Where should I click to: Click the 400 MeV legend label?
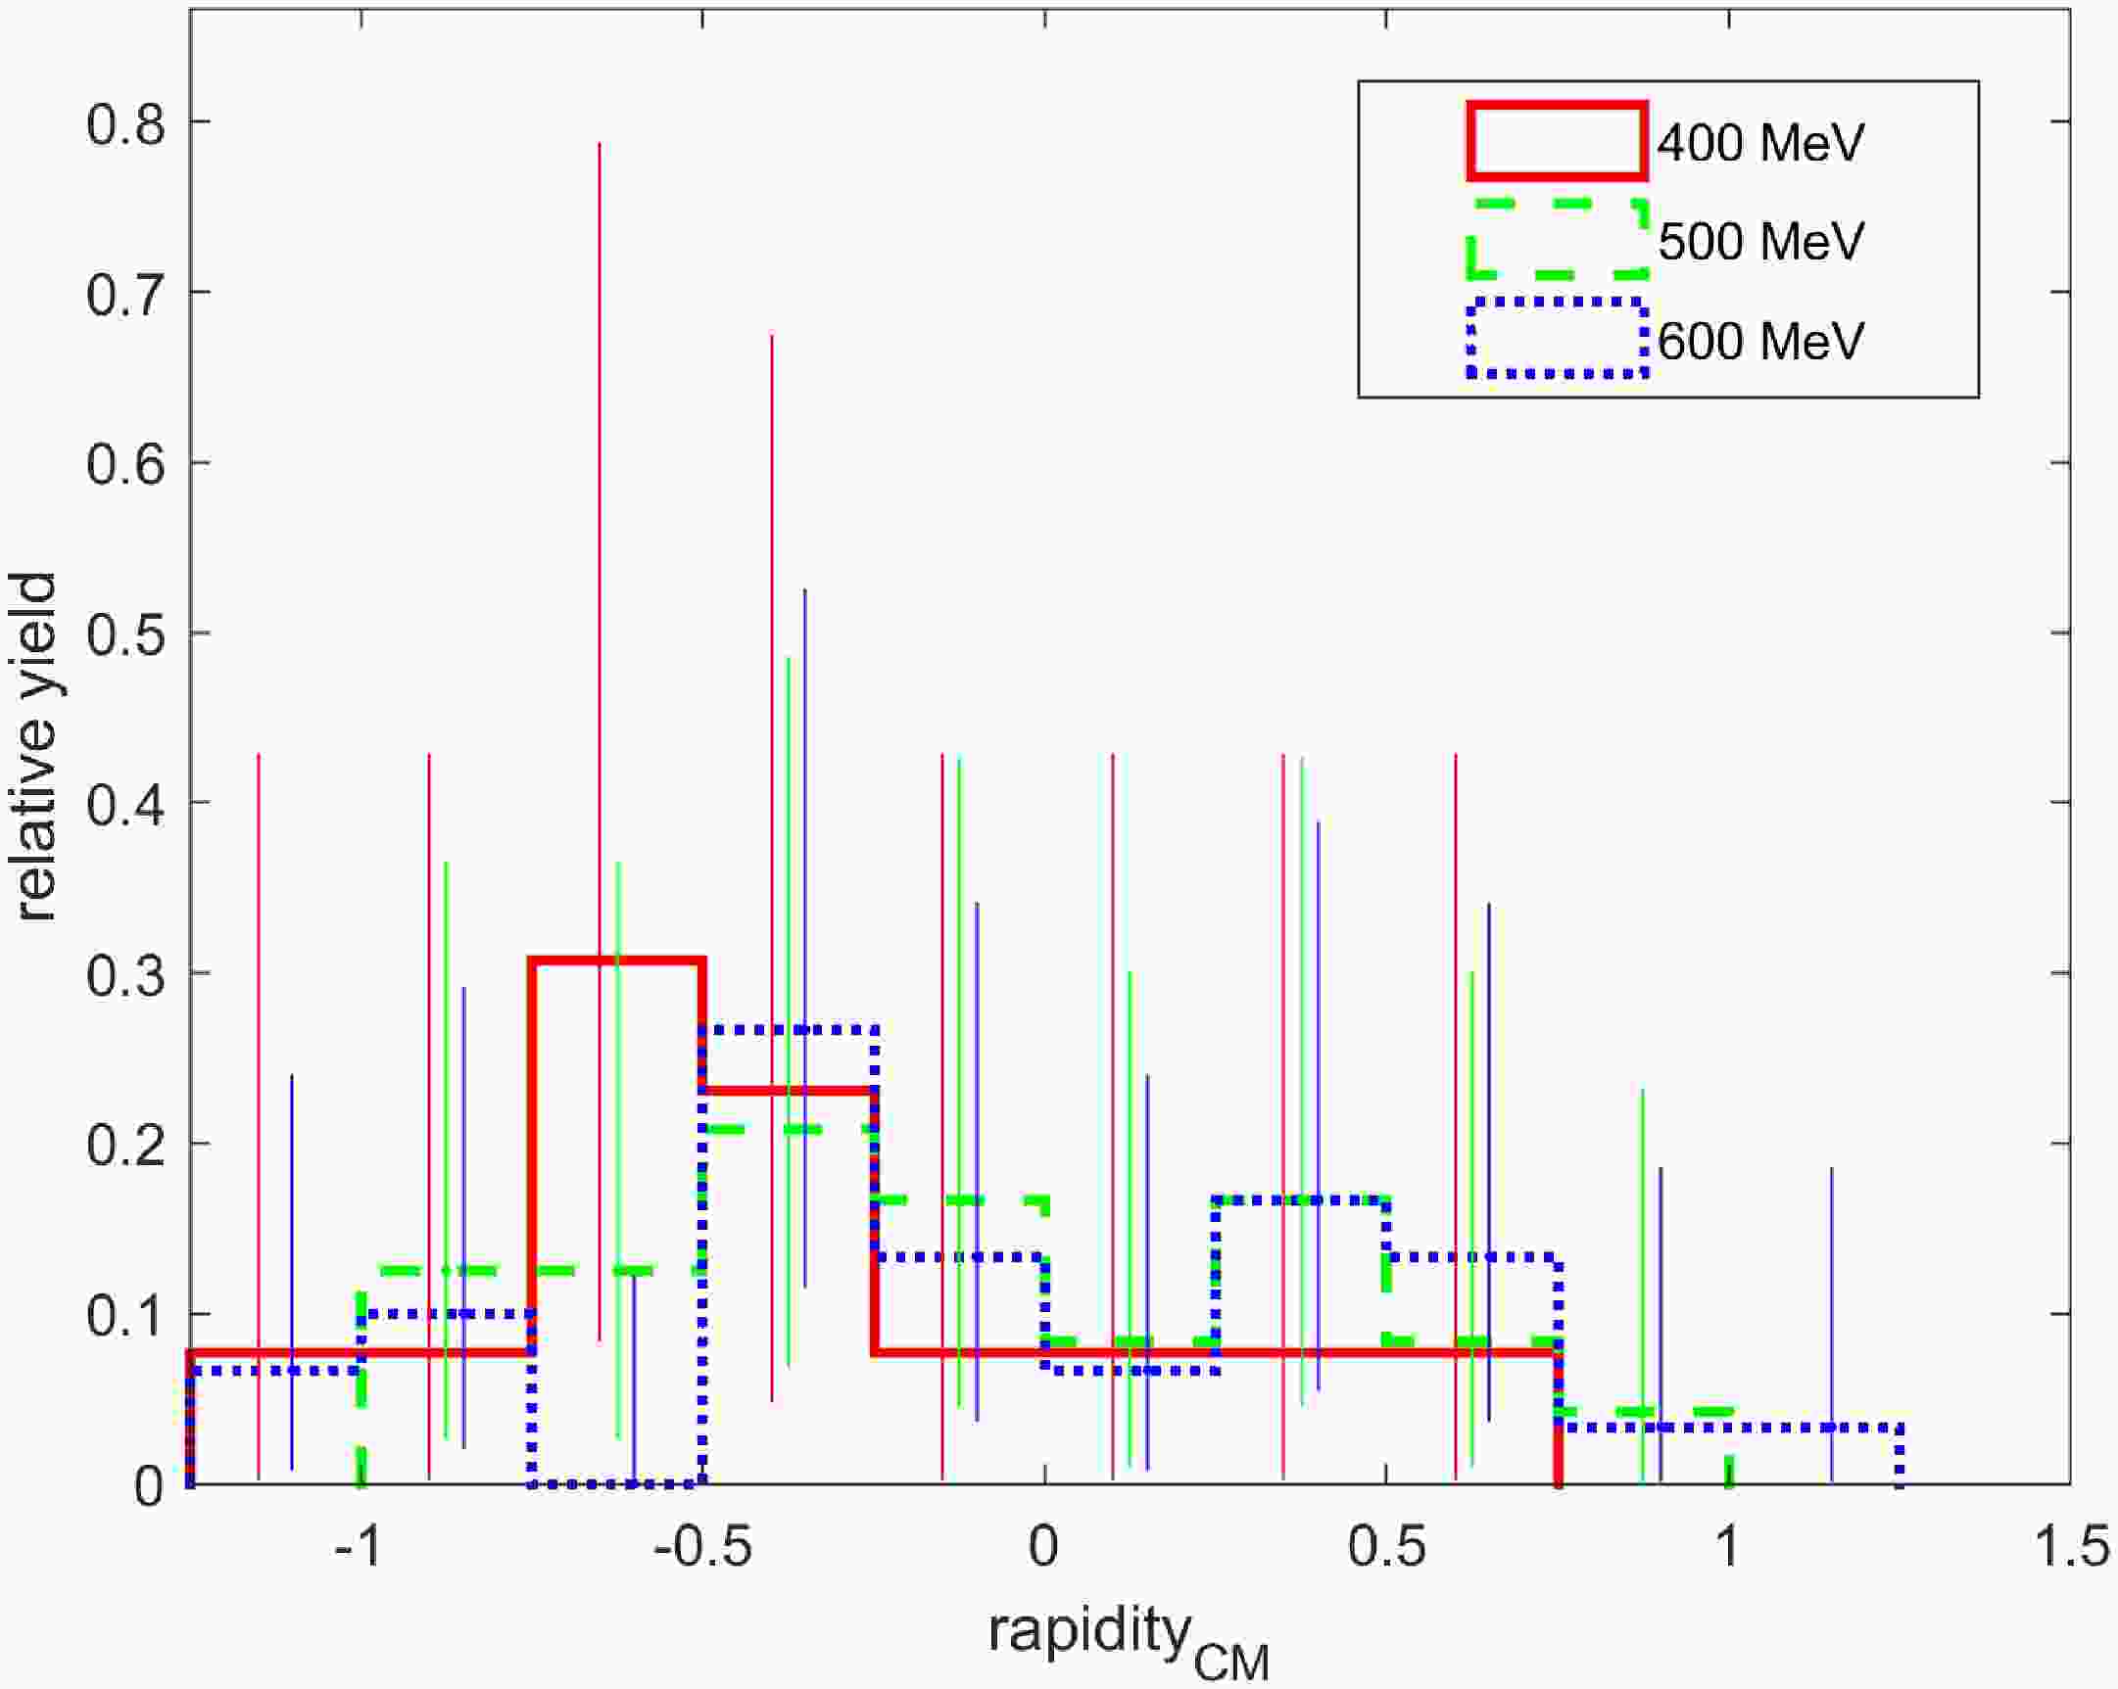[x=1760, y=143]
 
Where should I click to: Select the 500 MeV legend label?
[x=1760, y=242]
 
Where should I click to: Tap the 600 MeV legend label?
[x=1760, y=341]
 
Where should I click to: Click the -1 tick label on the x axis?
[x=359, y=1549]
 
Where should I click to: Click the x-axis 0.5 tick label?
[x=1385, y=1549]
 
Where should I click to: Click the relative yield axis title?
[x=37, y=747]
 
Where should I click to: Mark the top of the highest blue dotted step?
[x=789, y=1029]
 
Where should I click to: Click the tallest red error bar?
[x=600, y=742]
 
